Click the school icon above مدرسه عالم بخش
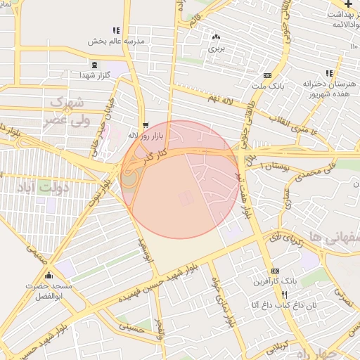[x=116, y=31]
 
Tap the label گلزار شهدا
[x=96, y=74]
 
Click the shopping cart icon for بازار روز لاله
[x=145, y=124]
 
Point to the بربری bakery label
[x=215, y=49]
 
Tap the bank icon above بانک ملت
[x=267, y=76]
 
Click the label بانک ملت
[x=267, y=86]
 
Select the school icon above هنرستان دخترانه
[x=329, y=73]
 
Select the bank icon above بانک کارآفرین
[x=275, y=271]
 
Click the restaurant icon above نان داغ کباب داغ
[x=284, y=295]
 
